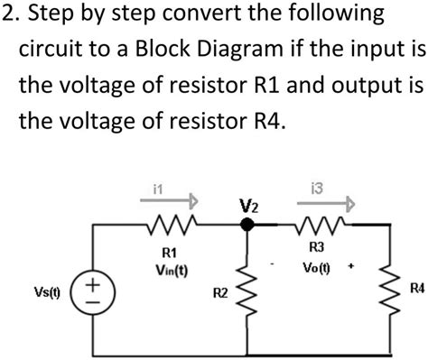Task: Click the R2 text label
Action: point(219,293)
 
